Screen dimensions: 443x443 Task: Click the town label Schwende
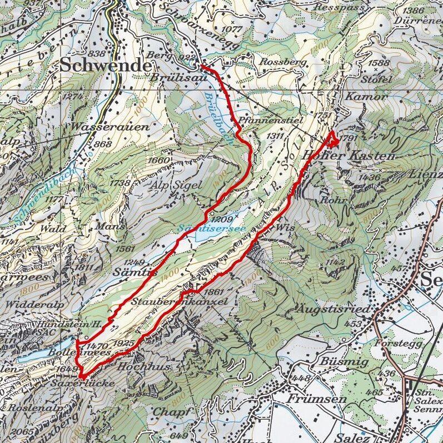coord(105,65)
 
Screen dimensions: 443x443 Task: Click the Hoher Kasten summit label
coord(349,157)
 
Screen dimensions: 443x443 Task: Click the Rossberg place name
coord(283,62)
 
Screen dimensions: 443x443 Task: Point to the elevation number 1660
coord(160,160)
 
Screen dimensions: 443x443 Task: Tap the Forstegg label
coord(394,343)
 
